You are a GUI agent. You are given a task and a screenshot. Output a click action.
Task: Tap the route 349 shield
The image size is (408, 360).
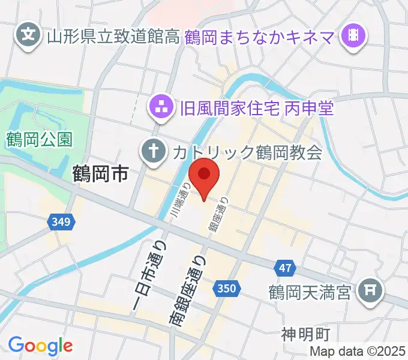pos(61,223)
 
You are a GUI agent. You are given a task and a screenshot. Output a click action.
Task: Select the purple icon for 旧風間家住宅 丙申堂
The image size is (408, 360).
pos(161,109)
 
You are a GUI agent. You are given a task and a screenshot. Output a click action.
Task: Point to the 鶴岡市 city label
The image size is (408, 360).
pos(100,175)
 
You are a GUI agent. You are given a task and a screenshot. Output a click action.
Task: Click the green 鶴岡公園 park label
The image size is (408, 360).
pos(40,140)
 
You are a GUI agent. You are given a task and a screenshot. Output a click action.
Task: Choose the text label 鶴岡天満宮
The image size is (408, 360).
pos(309,293)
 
